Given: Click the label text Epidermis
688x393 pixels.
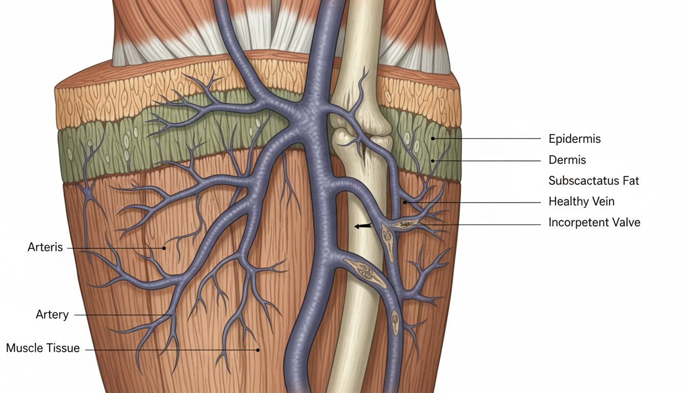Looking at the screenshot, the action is [x=574, y=139].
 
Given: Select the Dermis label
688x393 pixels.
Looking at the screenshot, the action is [x=567, y=160].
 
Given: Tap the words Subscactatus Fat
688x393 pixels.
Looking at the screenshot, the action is [x=594, y=181].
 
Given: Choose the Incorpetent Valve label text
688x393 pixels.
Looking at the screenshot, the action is [x=594, y=223].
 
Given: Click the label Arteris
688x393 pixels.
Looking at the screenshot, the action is [x=45, y=248].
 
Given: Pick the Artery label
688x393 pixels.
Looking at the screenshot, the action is [x=52, y=314].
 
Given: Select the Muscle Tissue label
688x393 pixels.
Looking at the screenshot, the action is [x=43, y=348].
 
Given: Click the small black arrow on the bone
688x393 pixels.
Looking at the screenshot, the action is [x=362, y=226].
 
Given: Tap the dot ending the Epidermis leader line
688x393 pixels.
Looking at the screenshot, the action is [x=433, y=138].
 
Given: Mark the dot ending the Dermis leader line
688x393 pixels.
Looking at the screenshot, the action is [x=433, y=161].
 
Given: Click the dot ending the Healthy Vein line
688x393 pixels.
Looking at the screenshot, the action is [x=404, y=203].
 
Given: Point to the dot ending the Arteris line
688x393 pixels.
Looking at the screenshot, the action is [x=164, y=248].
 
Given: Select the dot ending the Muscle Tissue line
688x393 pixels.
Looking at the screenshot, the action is [x=258, y=350].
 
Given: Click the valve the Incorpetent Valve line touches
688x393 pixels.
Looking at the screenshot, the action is [x=404, y=224].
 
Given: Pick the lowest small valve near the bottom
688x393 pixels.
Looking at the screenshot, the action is [x=396, y=321].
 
